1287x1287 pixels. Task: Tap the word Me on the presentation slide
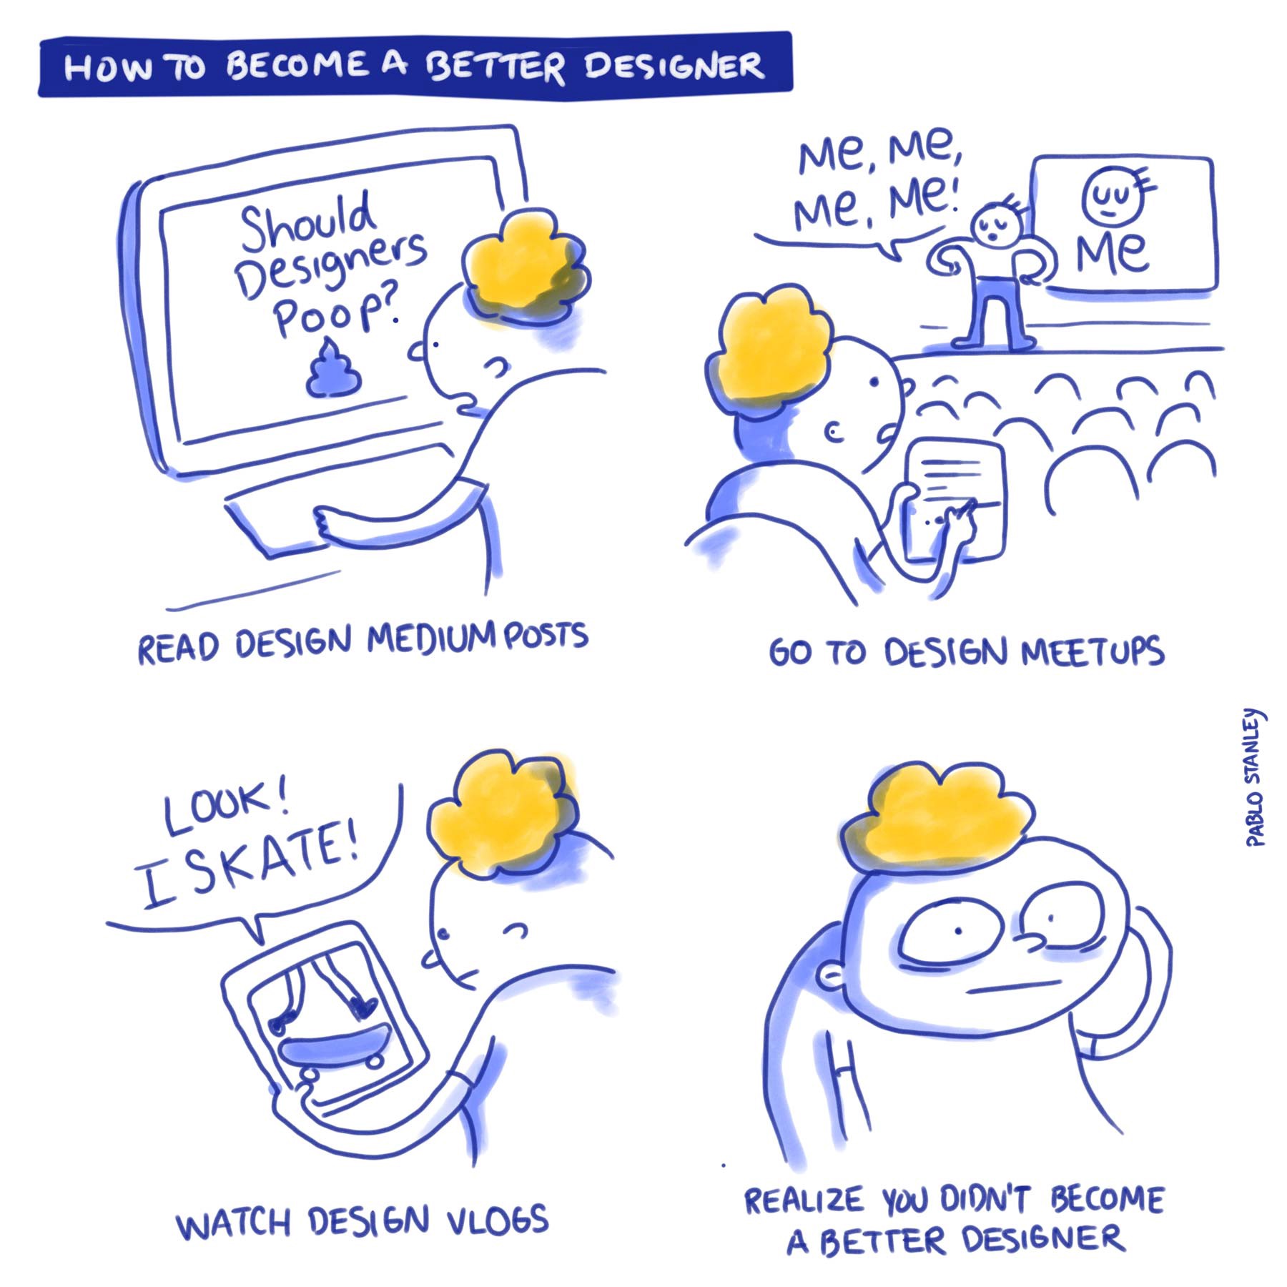(x=1113, y=254)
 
